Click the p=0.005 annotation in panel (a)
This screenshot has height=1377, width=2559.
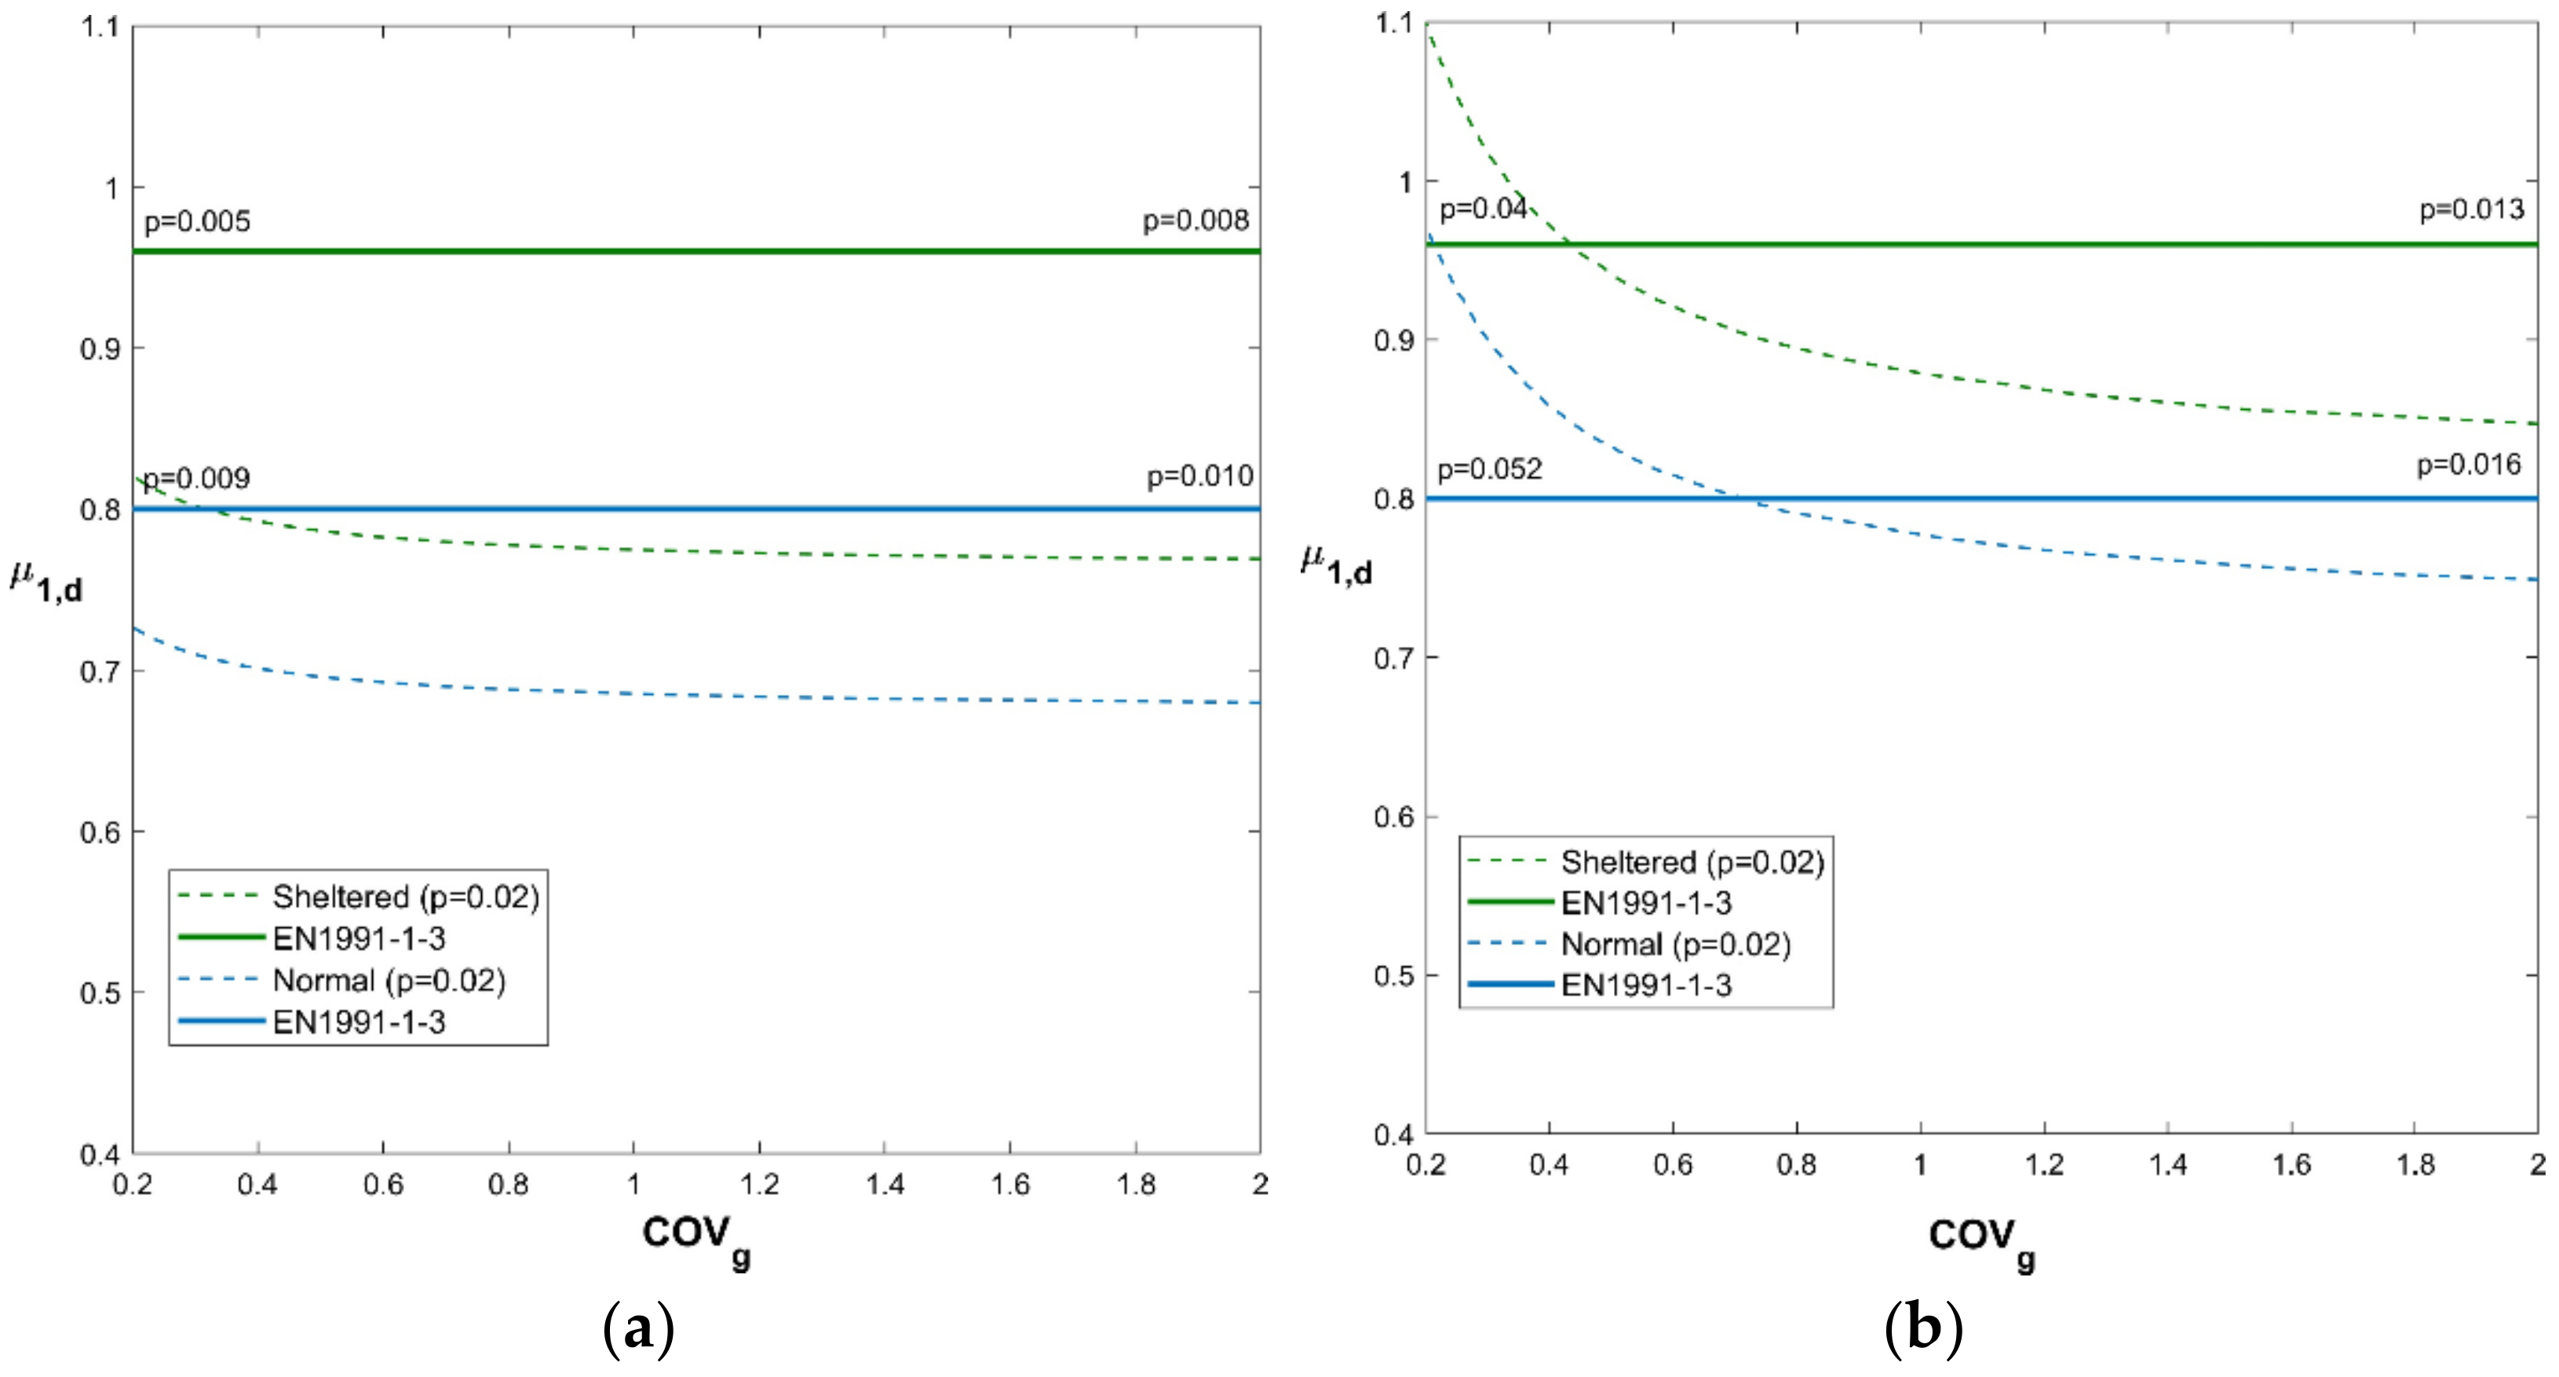(x=197, y=221)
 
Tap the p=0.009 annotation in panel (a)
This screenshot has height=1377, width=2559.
(x=197, y=479)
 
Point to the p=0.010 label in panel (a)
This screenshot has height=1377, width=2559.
(x=1200, y=477)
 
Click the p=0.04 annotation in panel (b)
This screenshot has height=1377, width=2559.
(x=1483, y=210)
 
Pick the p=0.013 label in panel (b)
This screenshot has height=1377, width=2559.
(x=2470, y=210)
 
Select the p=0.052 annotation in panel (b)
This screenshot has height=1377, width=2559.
(x=1489, y=469)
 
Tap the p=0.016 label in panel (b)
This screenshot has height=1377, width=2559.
(x=2469, y=465)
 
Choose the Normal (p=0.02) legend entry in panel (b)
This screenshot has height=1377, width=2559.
(x=1676, y=944)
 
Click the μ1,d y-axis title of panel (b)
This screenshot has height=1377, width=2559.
(x=1336, y=566)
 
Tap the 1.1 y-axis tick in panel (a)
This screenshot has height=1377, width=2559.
(x=100, y=27)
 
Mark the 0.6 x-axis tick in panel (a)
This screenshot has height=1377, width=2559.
(x=382, y=1184)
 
